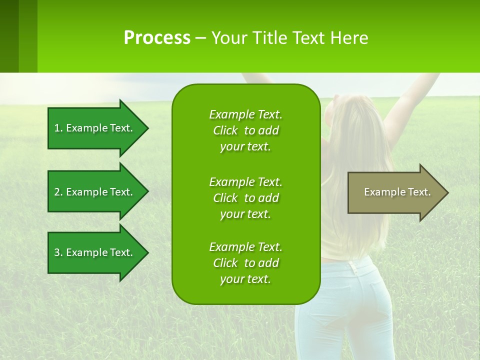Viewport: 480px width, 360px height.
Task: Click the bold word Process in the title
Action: pos(157,37)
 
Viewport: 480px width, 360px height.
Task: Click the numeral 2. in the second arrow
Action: pos(58,192)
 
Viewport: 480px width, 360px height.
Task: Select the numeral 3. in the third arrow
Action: pos(58,252)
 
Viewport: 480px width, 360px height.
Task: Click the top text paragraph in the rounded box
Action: pos(245,130)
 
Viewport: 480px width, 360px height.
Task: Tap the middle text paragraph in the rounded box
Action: pos(245,198)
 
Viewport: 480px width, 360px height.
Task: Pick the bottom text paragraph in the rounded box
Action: pos(245,263)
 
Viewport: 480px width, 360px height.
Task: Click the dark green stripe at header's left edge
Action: pos(9,36)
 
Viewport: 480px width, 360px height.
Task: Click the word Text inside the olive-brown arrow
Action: pos(419,192)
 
